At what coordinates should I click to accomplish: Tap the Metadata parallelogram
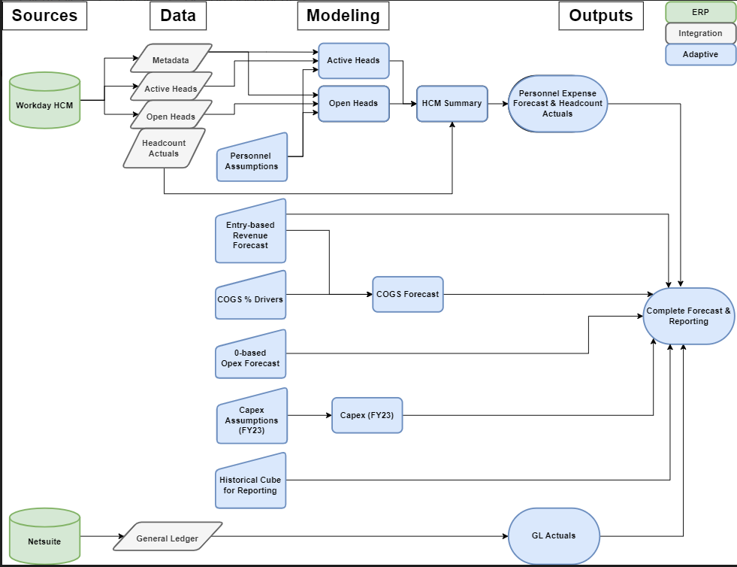[171, 59]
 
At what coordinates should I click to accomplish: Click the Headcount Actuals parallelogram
[164, 148]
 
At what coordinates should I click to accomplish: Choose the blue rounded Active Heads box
[353, 60]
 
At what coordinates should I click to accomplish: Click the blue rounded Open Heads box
[353, 103]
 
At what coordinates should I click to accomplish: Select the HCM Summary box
[452, 103]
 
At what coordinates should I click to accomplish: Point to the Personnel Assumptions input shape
[252, 159]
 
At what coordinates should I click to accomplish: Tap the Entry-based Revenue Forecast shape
[250, 233]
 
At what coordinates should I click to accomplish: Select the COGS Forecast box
[407, 294]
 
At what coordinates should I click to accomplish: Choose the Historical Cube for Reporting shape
[249, 482]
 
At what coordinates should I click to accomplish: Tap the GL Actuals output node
[554, 535]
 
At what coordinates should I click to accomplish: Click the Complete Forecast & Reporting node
[688, 316]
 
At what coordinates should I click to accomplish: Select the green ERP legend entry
[700, 12]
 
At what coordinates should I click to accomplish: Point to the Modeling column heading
[343, 15]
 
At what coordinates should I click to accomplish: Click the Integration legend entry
[700, 33]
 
